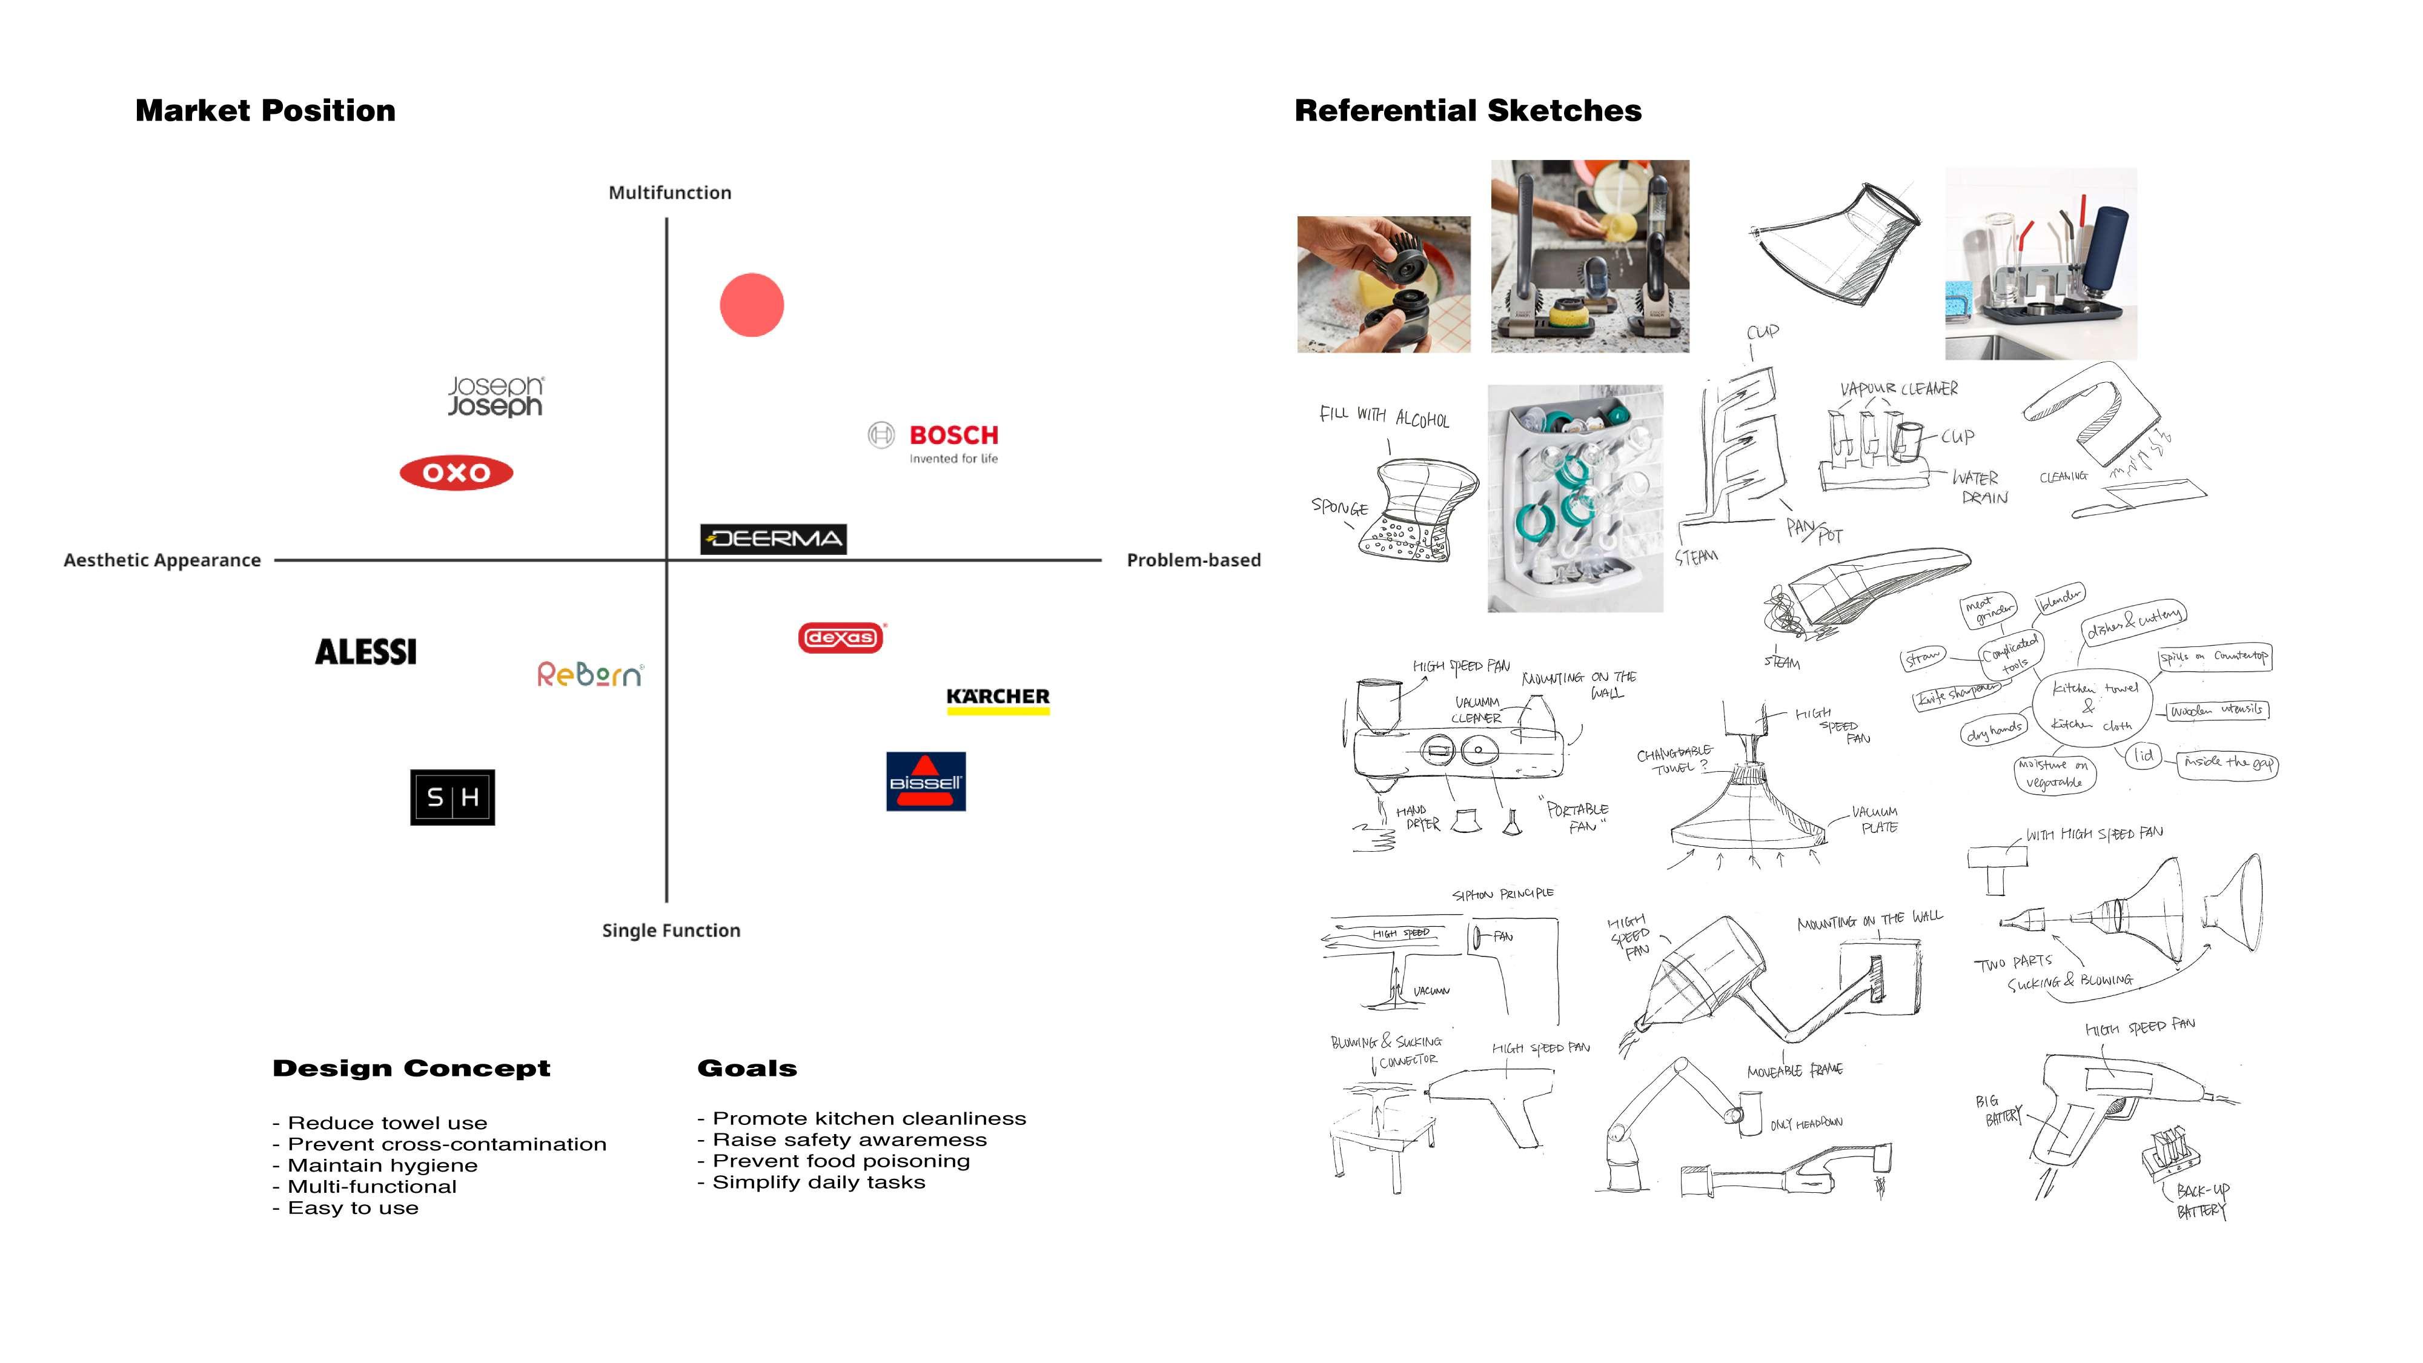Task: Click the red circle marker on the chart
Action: [x=752, y=305]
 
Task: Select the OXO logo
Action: [x=456, y=473]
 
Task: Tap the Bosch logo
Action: [x=934, y=443]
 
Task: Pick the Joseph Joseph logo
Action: [x=495, y=396]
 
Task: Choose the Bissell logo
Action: [x=926, y=781]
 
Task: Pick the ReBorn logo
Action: [x=590, y=674]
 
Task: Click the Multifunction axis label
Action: [x=670, y=193]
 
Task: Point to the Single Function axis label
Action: [x=671, y=930]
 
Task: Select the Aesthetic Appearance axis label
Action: [x=162, y=560]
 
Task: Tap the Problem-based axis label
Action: [x=1193, y=560]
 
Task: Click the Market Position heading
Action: [x=265, y=111]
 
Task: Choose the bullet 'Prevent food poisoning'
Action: [x=841, y=1161]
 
